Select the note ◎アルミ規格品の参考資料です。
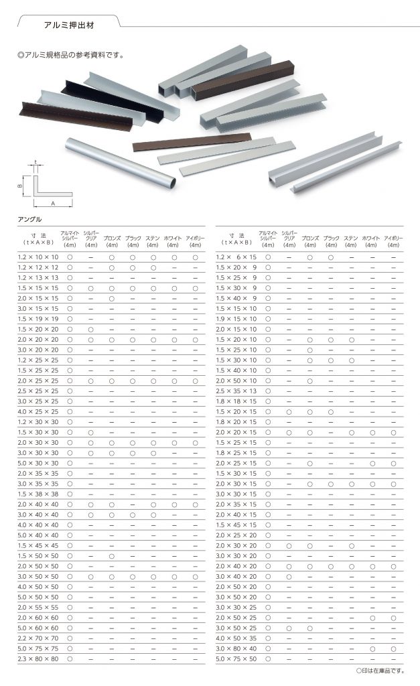70,55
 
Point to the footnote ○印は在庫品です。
380,670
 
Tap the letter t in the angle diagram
34,161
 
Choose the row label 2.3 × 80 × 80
39,659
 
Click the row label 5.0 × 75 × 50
236,659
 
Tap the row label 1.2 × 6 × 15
236,257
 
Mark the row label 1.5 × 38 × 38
39,494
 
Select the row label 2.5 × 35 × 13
236,391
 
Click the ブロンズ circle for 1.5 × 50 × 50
112,556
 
